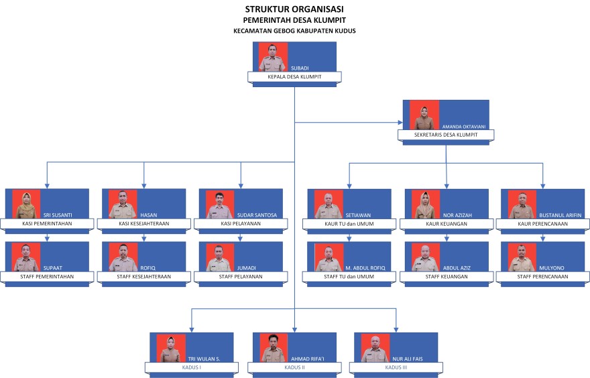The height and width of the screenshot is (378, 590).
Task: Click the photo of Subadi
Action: click(x=274, y=57)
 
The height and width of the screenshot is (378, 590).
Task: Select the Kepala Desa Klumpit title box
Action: click(x=294, y=77)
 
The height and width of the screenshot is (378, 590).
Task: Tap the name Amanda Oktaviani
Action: click(x=465, y=126)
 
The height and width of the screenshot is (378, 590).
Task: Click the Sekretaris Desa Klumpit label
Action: click(x=446, y=135)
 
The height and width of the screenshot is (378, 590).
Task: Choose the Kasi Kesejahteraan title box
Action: click(x=143, y=223)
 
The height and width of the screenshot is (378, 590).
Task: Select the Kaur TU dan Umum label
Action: click(x=349, y=223)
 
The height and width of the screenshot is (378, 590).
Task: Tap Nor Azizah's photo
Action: click(x=426, y=204)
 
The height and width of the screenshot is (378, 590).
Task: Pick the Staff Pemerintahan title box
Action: click(x=46, y=276)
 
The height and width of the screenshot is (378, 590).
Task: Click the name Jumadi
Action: click(x=246, y=268)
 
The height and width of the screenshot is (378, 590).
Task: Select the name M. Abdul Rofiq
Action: click(x=363, y=268)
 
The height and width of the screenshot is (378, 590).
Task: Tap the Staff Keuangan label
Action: click(x=446, y=276)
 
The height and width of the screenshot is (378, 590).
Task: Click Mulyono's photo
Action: click(x=522, y=257)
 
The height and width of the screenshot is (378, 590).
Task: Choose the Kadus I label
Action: click(x=191, y=367)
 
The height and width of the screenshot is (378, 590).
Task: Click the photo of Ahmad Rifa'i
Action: click(x=274, y=349)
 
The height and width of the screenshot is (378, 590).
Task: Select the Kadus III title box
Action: click(x=396, y=367)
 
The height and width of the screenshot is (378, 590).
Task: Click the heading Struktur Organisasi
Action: click(x=294, y=9)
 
